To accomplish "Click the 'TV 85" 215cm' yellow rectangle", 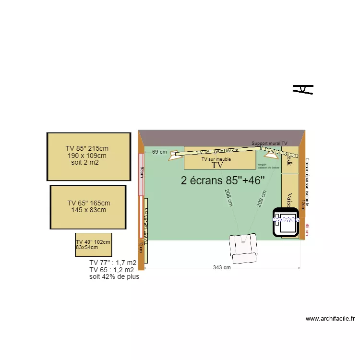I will coord(89,157).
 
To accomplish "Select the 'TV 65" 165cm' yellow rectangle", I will coord(88,207).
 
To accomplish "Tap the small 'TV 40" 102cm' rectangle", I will coord(93,245).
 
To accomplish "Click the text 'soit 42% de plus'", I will coord(114,276).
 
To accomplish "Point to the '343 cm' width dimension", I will coord(222,268).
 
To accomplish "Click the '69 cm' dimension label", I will coord(159,152).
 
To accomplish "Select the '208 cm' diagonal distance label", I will coord(228,197).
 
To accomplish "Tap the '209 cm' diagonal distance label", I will coord(262,198).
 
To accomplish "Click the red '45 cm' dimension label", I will coord(308,230).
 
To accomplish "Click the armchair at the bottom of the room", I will coord(244,248).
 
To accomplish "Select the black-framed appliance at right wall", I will coord(287,222).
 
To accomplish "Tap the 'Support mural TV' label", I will coord(269,144).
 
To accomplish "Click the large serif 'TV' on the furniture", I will coord(217,165).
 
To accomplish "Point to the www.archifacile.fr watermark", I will coord(330,318).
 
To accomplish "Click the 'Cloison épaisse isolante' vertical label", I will coord(307,182).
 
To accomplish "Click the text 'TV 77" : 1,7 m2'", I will coord(113,263).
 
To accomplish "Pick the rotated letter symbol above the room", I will coord(303,89).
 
